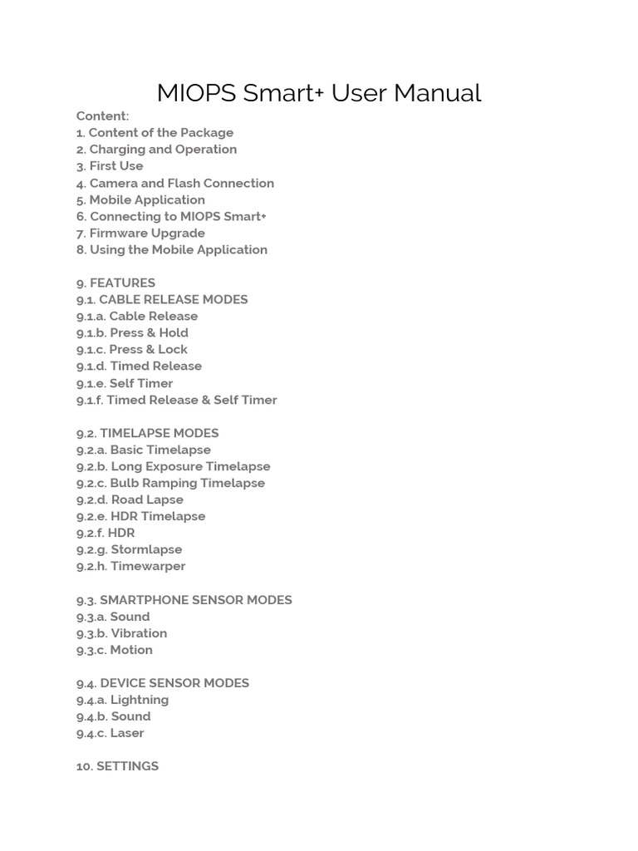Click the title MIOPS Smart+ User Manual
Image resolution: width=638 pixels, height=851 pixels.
click(319, 93)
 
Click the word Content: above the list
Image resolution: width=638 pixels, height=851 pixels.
click(103, 116)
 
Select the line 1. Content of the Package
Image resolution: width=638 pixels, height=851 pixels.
click(155, 132)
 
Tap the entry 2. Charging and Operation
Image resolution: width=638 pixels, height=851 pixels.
click(156, 150)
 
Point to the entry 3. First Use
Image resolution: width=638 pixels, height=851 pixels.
click(110, 166)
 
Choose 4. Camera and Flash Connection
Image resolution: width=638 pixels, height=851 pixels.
click(174, 183)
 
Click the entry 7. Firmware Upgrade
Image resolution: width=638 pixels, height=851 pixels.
click(140, 233)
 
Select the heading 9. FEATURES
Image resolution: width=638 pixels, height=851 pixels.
click(115, 283)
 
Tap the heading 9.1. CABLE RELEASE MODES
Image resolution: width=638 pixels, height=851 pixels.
click(162, 299)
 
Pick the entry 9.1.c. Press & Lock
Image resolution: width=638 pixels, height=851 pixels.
click(132, 350)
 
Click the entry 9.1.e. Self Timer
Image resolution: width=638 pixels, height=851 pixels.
click(125, 383)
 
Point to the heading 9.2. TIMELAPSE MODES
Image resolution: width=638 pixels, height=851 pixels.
click(148, 433)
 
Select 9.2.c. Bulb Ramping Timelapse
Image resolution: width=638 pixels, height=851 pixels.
click(170, 483)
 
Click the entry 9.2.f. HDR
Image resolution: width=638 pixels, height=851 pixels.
click(106, 533)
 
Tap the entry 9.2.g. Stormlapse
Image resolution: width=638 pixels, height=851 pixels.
click(129, 549)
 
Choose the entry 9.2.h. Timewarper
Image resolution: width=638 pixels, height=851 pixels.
click(130, 566)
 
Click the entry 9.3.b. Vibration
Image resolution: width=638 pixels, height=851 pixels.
click(121, 633)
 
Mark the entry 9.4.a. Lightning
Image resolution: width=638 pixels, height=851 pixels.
click(122, 700)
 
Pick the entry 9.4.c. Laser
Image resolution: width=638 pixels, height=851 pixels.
click(110, 733)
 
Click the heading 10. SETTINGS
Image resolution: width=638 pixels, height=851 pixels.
click(117, 766)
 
